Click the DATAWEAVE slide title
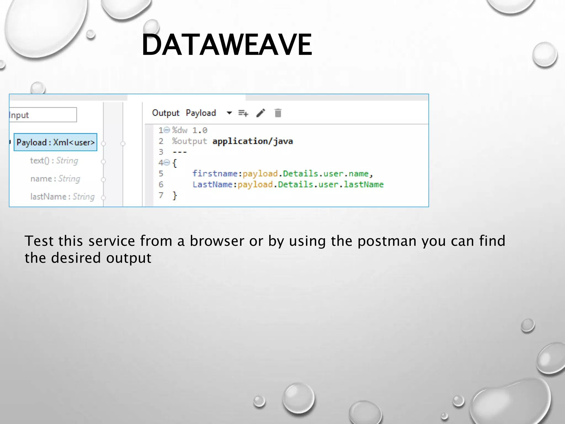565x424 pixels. (227, 45)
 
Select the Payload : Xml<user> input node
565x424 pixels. (55, 142)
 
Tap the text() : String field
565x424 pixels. (54, 160)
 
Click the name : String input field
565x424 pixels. (55, 179)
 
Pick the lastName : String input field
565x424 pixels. (62, 197)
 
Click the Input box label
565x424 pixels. (19, 115)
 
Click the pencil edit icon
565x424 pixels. (261, 113)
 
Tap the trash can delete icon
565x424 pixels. (278, 113)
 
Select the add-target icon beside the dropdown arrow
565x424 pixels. (243, 113)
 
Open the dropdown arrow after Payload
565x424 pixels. (229, 113)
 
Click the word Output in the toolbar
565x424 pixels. (166, 113)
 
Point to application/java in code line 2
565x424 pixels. (252, 141)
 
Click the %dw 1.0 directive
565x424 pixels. (190, 130)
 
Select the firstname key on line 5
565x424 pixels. (215, 174)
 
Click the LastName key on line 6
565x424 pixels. (212, 184)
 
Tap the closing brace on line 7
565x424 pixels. (175, 195)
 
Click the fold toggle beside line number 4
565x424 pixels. (167, 163)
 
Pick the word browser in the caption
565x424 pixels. (217, 241)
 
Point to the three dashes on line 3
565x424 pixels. (180, 152)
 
